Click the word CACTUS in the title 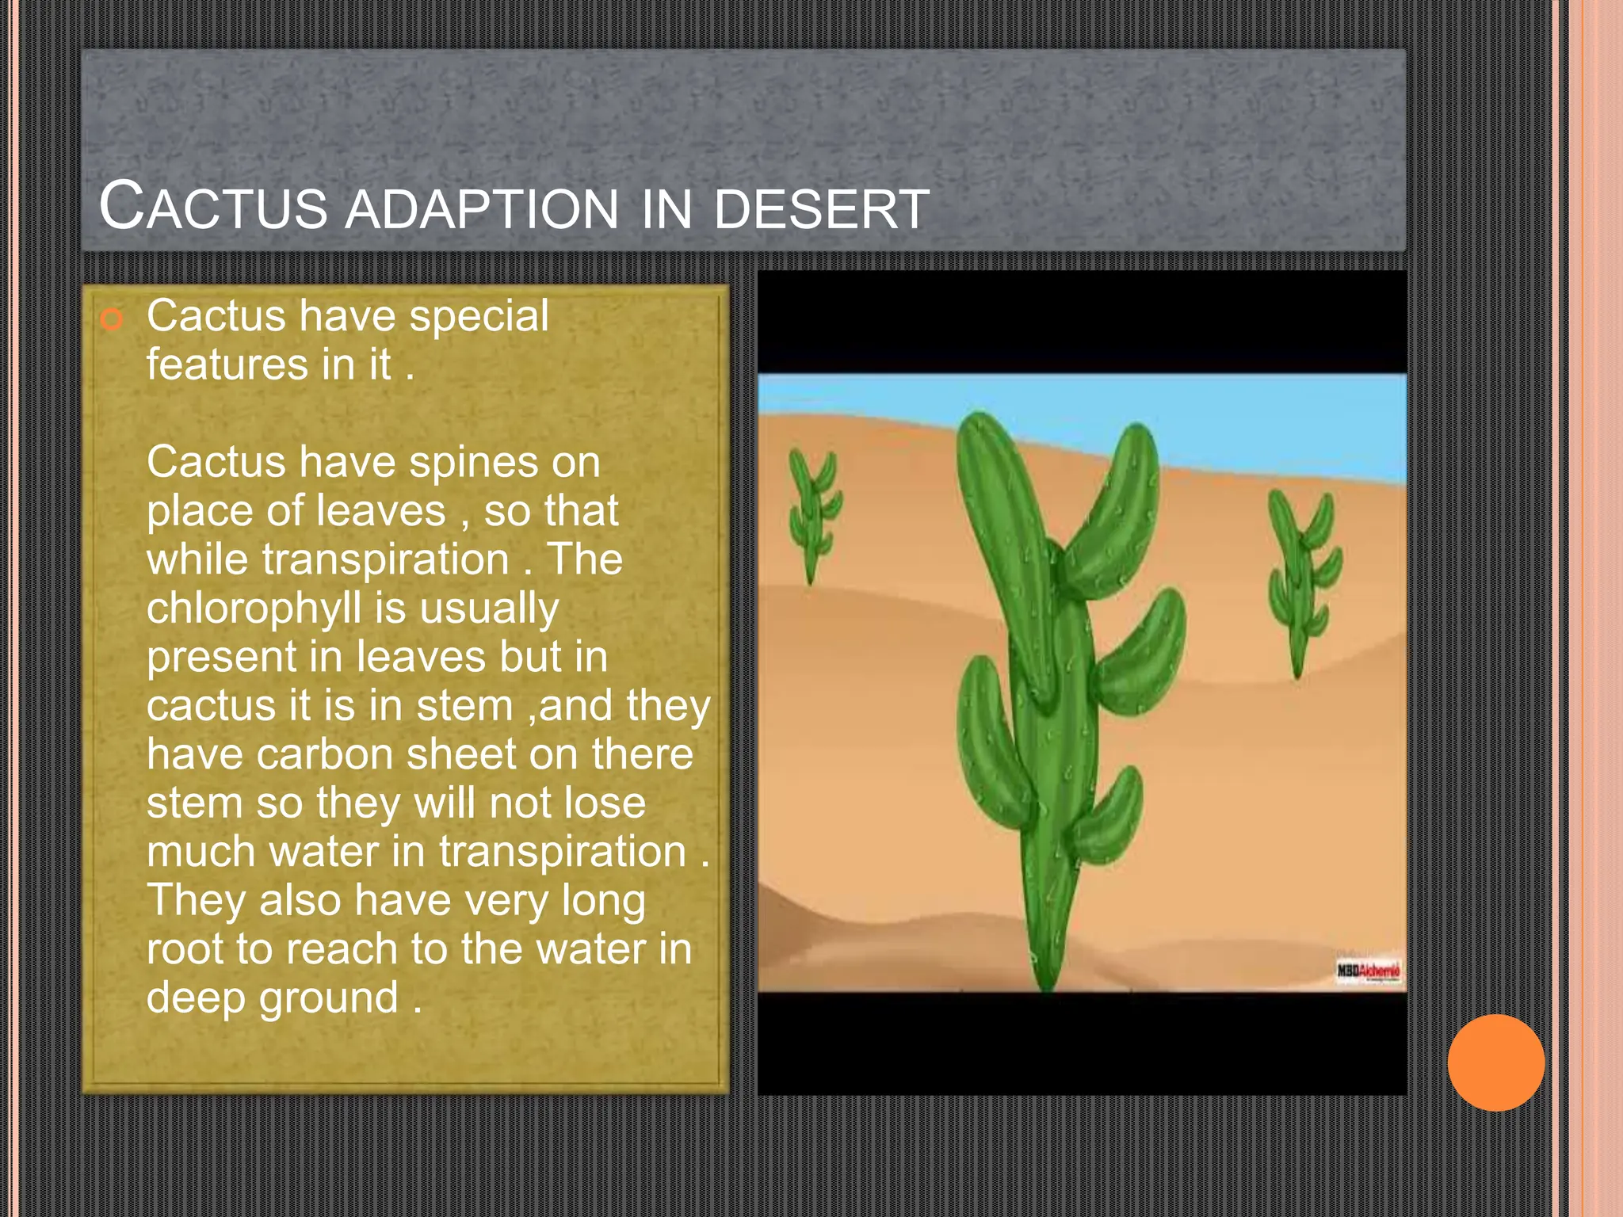coord(212,206)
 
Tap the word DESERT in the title coord(821,209)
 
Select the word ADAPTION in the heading coord(482,209)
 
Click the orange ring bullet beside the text coord(113,319)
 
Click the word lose coord(604,803)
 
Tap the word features coord(227,364)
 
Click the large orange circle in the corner coord(1495,1062)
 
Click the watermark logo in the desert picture coord(1369,971)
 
